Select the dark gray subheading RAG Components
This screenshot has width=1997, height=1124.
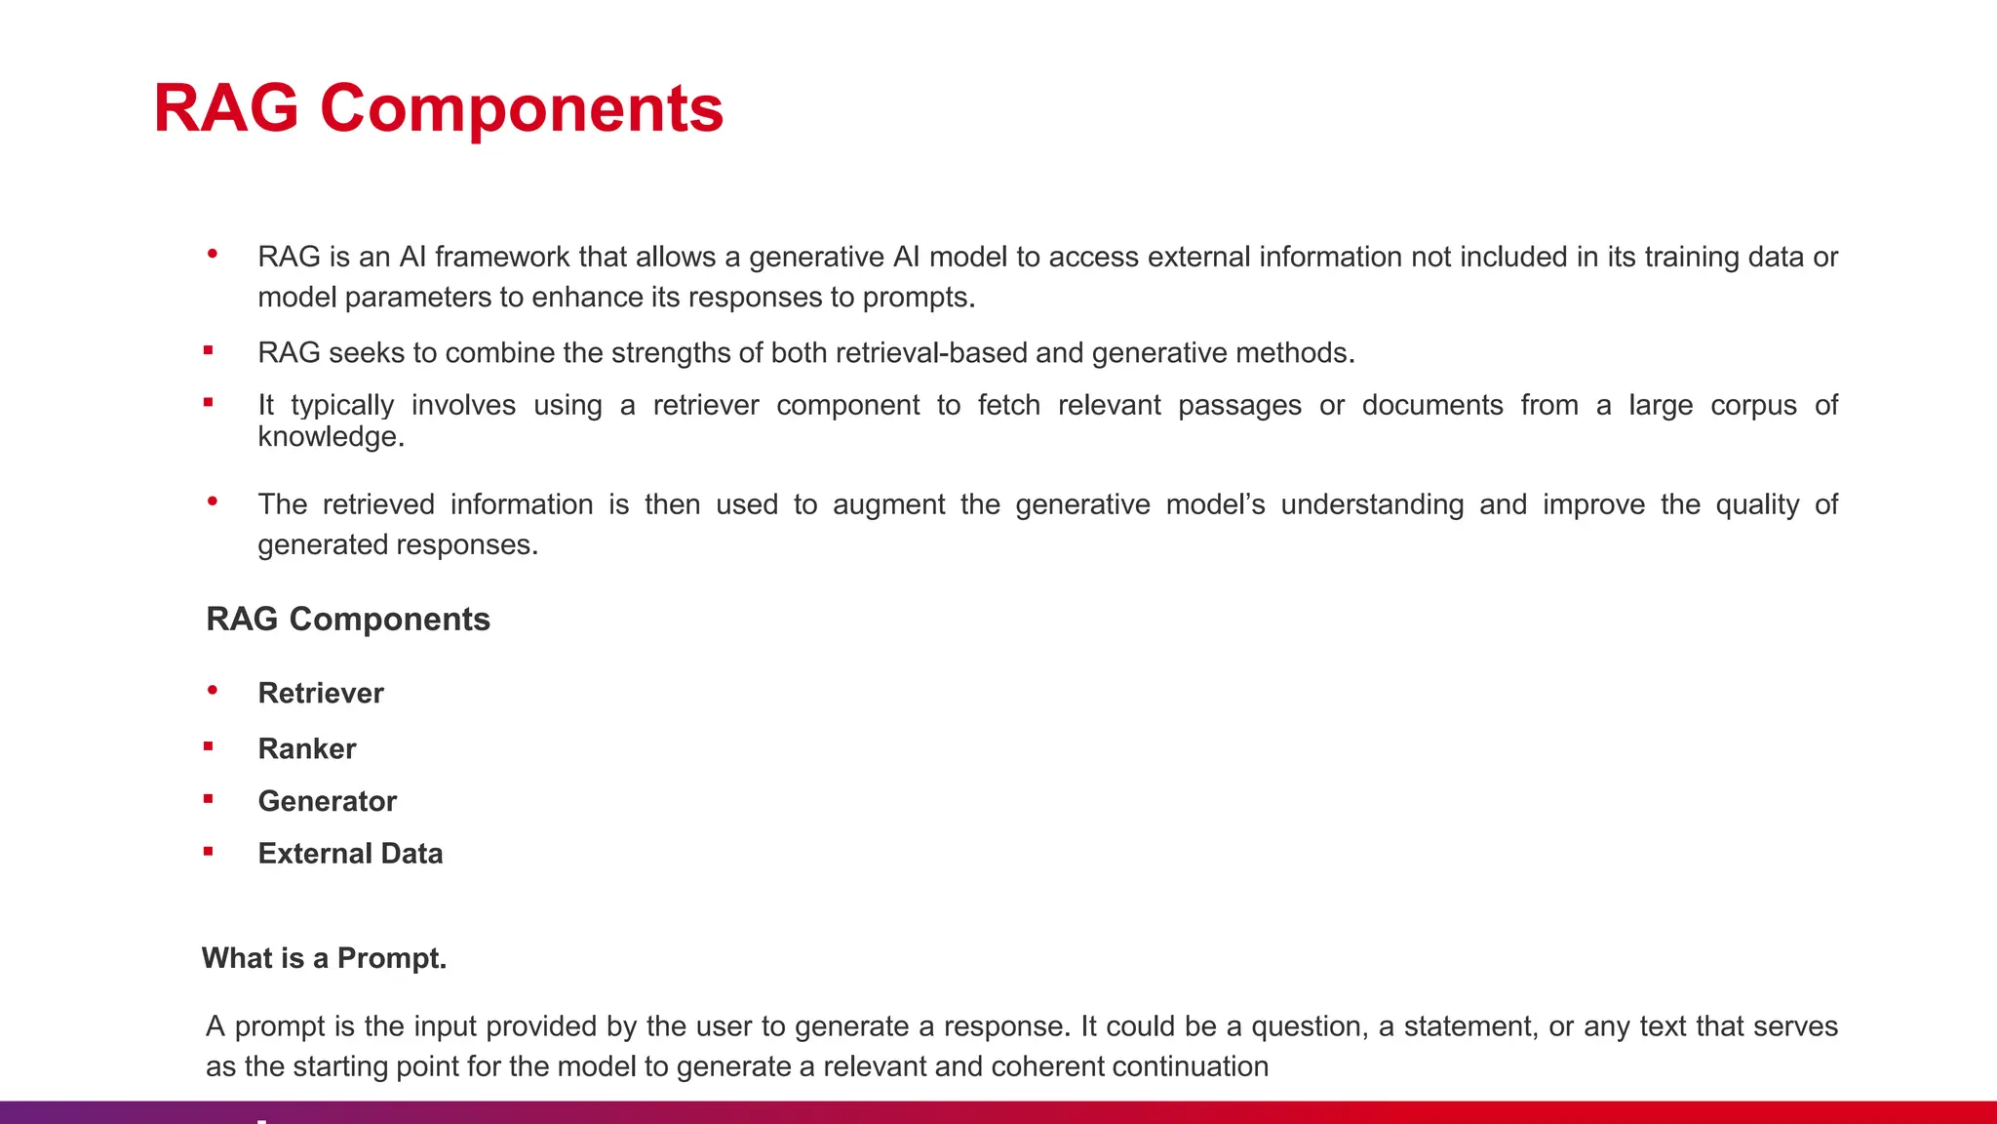pyautogui.click(x=348, y=619)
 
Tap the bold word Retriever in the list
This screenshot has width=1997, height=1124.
pyautogui.click(x=321, y=693)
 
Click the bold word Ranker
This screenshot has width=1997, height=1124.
pyautogui.click(x=307, y=748)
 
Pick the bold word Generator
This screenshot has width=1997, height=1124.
pyautogui.click(x=328, y=801)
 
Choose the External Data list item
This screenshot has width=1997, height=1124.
pyautogui.click(x=350, y=854)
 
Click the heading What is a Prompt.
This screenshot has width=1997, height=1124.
pyautogui.click(x=324, y=958)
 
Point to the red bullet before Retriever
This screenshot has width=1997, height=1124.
pyautogui.click(x=213, y=691)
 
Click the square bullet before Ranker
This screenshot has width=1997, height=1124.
pyautogui.click(x=209, y=746)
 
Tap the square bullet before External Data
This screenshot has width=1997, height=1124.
pyautogui.click(x=209, y=852)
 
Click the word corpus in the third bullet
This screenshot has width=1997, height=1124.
pyautogui.click(x=1753, y=406)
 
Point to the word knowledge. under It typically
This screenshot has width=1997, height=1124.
pyautogui.click(x=331, y=436)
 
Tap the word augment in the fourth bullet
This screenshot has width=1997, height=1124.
pyautogui.click(x=888, y=504)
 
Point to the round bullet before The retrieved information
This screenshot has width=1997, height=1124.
pyautogui.click(x=213, y=502)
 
